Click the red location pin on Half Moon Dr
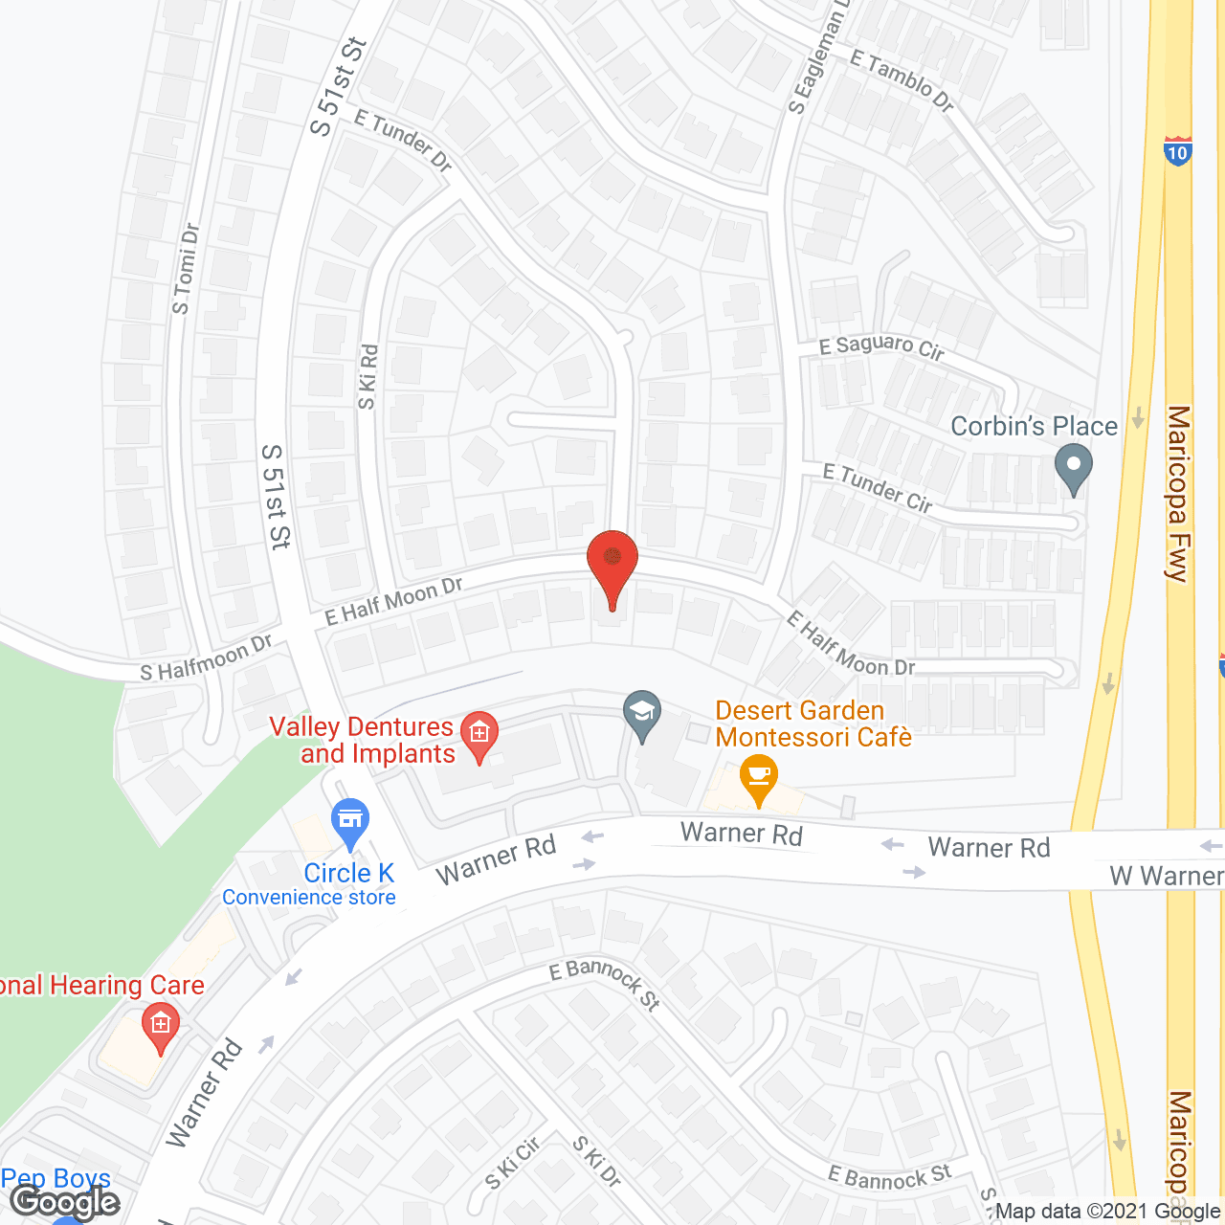point(612,564)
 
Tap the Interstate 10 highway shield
point(1178,151)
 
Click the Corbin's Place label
point(1034,426)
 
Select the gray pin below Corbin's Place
point(1073,471)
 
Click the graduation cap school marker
point(642,714)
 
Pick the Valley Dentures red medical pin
point(479,736)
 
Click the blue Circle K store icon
point(351,821)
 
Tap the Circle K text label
point(348,873)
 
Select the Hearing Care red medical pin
point(160,1027)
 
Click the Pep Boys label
point(56,1178)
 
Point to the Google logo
point(64,1202)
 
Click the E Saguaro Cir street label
point(881,346)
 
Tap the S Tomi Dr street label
point(185,269)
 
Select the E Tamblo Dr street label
point(902,80)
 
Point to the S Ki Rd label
point(367,377)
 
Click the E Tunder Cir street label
point(878,487)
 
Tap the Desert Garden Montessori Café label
point(813,724)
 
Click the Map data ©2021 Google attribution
point(1107,1212)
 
